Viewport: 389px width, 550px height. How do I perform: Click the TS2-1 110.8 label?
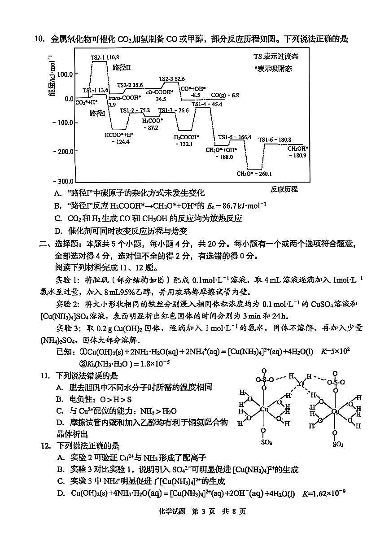105,57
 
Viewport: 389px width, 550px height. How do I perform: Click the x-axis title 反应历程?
284,189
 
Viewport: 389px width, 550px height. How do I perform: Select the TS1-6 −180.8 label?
275,140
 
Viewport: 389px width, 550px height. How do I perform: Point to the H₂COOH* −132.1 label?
186,140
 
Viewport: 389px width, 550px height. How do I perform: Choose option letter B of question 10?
57,206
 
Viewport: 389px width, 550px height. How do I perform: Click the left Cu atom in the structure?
263,409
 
